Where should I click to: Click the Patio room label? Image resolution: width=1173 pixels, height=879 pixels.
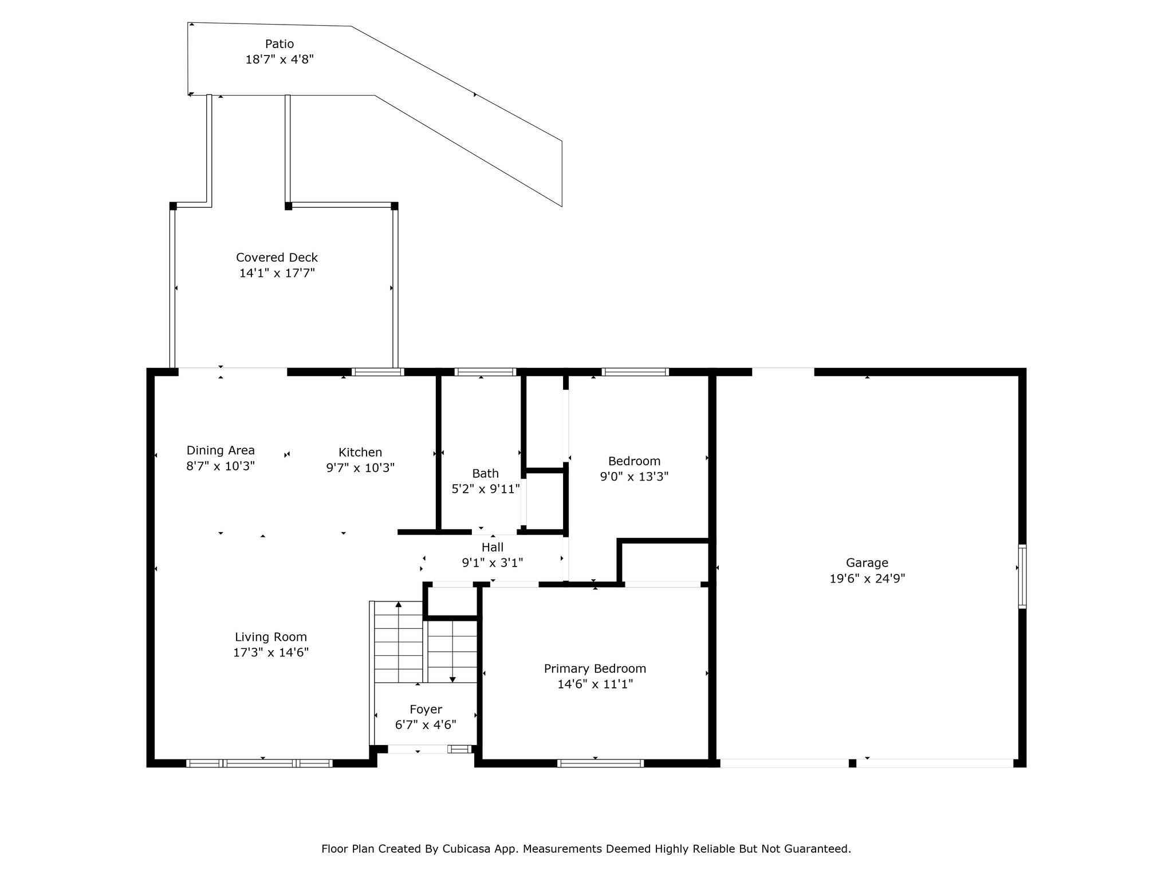[280, 44]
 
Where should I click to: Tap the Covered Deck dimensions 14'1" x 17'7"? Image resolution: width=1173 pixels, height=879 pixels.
[277, 273]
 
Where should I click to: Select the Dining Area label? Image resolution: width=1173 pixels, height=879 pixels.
[221, 450]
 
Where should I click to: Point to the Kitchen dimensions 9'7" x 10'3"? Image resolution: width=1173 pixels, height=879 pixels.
[360, 468]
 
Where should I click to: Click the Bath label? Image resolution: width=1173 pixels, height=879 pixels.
[485, 473]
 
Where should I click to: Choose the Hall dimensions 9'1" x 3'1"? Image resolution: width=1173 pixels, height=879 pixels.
[493, 563]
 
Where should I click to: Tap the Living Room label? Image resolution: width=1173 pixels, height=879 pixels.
[271, 637]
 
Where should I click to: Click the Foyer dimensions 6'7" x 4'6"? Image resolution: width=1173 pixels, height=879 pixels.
[426, 724]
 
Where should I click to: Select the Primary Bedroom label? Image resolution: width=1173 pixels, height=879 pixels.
[595, 668]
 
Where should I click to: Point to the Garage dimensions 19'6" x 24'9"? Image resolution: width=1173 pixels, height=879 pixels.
[867, 578]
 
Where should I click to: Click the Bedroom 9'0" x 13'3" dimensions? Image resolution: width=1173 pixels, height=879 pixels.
[634, 476]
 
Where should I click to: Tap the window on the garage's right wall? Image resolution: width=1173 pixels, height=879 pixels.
[1022, 576]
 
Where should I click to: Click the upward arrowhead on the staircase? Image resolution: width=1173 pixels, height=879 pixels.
[399, 604]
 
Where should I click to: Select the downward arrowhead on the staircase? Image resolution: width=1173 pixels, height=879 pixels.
[452, 680]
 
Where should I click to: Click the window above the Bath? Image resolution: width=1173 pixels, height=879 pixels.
[485, 372]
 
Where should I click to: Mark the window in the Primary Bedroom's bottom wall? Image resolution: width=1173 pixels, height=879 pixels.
[600, 763]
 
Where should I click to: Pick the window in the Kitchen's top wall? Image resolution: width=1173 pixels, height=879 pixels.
[377, 372]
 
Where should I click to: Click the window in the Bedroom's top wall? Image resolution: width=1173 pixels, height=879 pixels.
[635, 372]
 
